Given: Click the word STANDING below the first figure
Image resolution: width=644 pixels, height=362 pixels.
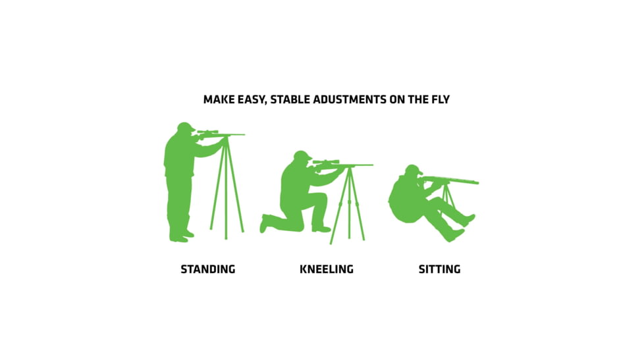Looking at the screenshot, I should [207, 269].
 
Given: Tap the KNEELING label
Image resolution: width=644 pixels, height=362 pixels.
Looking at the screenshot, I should [326, 269].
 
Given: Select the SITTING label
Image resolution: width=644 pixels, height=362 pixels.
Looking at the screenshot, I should [439, 269].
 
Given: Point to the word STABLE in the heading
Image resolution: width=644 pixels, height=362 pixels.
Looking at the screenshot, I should [288, 100].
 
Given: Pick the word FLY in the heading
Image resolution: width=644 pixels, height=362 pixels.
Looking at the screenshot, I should [439, 100].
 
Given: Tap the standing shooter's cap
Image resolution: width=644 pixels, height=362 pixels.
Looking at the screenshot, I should [185, 126].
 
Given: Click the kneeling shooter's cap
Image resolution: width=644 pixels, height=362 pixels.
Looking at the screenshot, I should [302, 155].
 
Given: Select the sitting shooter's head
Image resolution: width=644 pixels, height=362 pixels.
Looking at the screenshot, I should [413, 171].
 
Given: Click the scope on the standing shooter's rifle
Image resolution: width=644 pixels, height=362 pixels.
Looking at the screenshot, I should [207, 132].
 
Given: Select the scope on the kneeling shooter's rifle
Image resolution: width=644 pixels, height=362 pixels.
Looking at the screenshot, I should [326, 161].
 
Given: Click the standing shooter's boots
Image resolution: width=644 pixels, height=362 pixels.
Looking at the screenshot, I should [180, 235].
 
